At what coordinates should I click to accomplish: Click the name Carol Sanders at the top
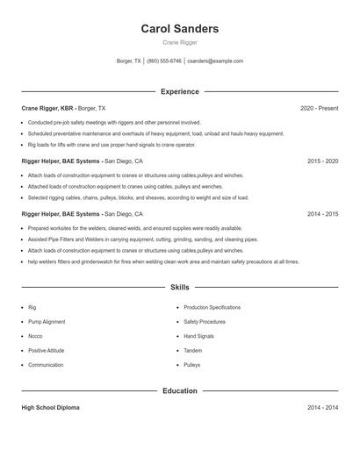click(179, 29)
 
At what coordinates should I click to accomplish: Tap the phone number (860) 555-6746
click(164, 61)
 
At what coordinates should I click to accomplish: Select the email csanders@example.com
click(215, 61)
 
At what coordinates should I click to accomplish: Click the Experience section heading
click(179, 91)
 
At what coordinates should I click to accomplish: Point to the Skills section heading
click(179, 287)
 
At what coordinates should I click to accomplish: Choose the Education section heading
click(179, 390)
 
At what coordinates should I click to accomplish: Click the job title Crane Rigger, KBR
click(47, 108)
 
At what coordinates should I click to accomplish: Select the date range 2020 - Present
click(319, 108)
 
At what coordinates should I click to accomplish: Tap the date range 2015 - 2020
click(322, 161)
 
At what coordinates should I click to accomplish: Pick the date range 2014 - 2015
click(322, 214)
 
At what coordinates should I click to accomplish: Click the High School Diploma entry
click(51, 408)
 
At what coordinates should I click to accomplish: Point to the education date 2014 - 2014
click(322, 408)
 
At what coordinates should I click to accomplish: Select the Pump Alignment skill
click(46, 322)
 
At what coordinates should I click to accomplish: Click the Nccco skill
click(35, 336)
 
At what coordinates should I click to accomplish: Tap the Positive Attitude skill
click(47, 350)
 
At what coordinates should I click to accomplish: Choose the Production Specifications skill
click(212, 308)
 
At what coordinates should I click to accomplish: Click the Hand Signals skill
click(198, 336)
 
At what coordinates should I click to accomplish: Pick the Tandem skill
click(193, 350)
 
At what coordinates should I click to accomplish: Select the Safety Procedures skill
click(205, 322)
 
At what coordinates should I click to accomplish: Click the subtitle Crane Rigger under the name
click(179, 42)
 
